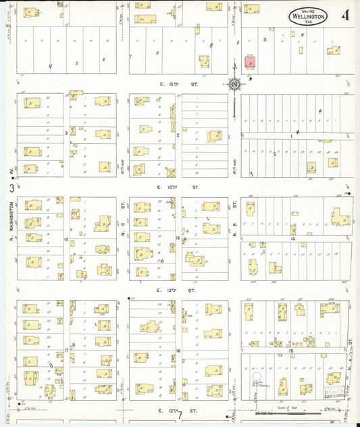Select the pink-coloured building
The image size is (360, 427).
pos(250,62)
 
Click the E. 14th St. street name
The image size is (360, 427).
pos(179,186)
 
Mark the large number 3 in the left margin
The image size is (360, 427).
pos(11,188)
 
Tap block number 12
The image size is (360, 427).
pos(66,239)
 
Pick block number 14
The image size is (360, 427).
pos(293,238)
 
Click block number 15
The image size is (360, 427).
pos(291,351)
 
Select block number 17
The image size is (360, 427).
pos(66,350)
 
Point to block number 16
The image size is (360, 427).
pos(178,350)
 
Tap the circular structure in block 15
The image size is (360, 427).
pos(256,376)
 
